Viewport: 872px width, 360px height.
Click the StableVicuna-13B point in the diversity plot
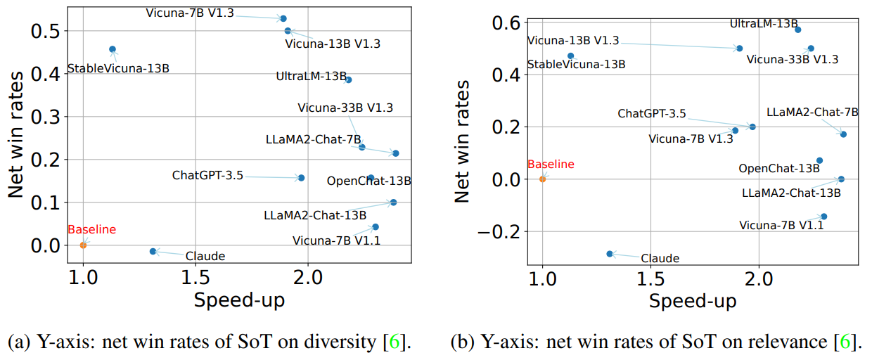pyautogui.click(x=113, y=49)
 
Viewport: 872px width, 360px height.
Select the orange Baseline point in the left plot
pyautogui.click(x=83, y=245)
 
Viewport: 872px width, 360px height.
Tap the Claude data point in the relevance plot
pyautogui.click(x=610, y=253)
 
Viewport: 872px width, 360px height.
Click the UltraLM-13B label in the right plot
pyautogui.click(x=764, y=24)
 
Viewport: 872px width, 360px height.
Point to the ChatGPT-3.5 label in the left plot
pyautogui.click(x=207, y=175)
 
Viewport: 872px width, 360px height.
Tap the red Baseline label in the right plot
pyautogui.click(x=551, y=165)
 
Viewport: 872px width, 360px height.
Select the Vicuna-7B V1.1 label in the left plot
pyautogui.click(x=337, y=241)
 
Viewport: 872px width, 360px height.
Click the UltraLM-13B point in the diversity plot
pyautogui.click(x=348, y=79)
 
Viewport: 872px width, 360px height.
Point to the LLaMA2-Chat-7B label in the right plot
pyautogui.click(x=812, y=112)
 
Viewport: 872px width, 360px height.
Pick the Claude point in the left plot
pyautogui.click(x=153, y=251)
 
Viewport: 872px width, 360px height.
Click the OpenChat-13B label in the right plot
pyautogui.click(x=779, y=169)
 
